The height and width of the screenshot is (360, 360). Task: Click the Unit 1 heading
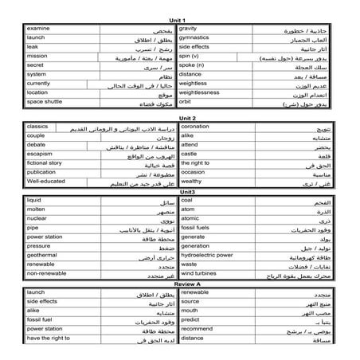point(179,19)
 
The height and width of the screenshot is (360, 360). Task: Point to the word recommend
point(197,328)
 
